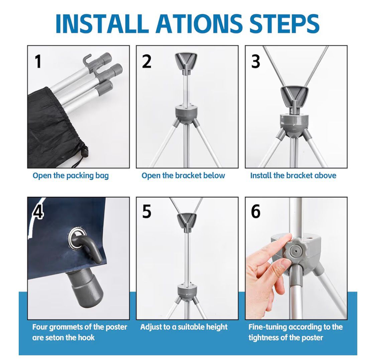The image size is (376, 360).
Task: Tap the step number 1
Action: tap(38, 61)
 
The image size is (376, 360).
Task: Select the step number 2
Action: tap(147, 61)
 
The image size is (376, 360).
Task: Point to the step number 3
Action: tap(256, 61)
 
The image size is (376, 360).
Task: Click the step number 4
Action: tap(38, 212)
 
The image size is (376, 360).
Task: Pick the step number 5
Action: tap(147, 212)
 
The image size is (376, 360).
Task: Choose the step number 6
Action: tap(256, 212)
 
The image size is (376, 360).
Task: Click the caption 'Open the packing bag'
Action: tap(71, 176)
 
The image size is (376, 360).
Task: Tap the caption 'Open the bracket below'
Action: tap(183, 175)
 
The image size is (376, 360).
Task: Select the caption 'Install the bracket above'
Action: tap(293, 175)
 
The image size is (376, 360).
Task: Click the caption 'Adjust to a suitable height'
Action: tap(184, 327)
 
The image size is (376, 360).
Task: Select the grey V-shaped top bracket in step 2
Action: tap(186, 61)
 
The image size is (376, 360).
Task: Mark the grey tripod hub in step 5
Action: tap(187, 291)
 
